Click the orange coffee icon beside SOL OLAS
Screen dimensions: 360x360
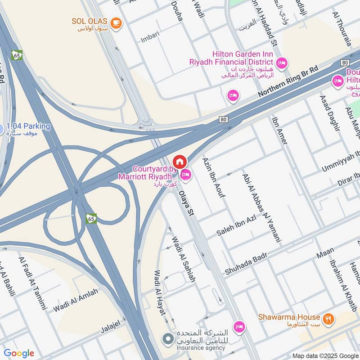116,22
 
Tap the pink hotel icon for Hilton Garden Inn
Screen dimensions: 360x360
282,63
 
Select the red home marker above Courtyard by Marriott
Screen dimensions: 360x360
179,162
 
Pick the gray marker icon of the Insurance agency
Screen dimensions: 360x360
168,338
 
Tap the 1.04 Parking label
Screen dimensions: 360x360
28,126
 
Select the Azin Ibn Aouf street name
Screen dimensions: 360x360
214,178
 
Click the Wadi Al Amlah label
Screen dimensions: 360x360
75,301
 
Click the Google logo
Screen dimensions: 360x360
19,353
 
